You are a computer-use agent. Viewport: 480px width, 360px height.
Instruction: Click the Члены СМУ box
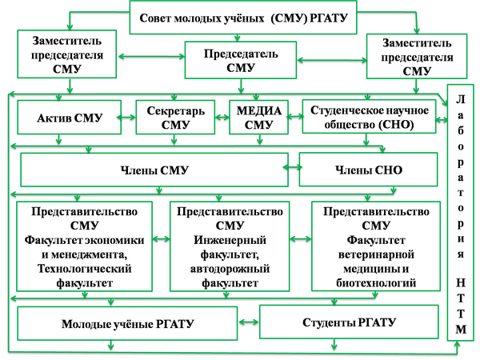point(152,169)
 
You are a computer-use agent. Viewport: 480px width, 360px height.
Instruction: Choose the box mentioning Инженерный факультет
point(231,246)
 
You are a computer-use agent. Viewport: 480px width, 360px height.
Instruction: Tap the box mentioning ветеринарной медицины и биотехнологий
point(374,246)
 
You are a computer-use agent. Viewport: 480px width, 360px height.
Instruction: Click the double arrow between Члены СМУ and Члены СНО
point(292,168)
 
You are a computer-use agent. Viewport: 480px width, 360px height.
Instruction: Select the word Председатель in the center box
point(241,54)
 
